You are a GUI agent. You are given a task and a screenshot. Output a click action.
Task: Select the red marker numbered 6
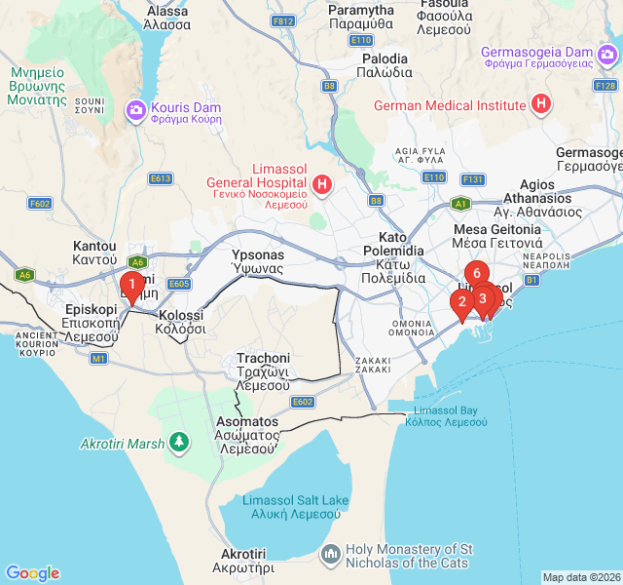click(475, 274)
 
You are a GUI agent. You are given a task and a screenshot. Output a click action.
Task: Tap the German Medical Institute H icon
click(540, 104)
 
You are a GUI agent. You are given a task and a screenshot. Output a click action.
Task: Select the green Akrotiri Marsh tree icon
click(178, 444)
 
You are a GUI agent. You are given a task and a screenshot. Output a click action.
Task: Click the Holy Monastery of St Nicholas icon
click(332, 555)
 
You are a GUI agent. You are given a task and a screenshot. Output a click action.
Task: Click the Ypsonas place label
click(257, 261)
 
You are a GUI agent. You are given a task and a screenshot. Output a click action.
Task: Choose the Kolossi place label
click(180, 322)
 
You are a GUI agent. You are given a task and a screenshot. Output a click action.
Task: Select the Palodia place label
click(384, 65)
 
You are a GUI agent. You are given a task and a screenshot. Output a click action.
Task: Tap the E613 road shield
click(161, 178)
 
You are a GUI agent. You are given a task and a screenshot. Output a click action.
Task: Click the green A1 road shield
click(461, 204)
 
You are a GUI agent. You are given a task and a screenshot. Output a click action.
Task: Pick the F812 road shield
click(283, 20)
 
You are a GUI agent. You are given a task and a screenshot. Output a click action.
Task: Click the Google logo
click(32, 573)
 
